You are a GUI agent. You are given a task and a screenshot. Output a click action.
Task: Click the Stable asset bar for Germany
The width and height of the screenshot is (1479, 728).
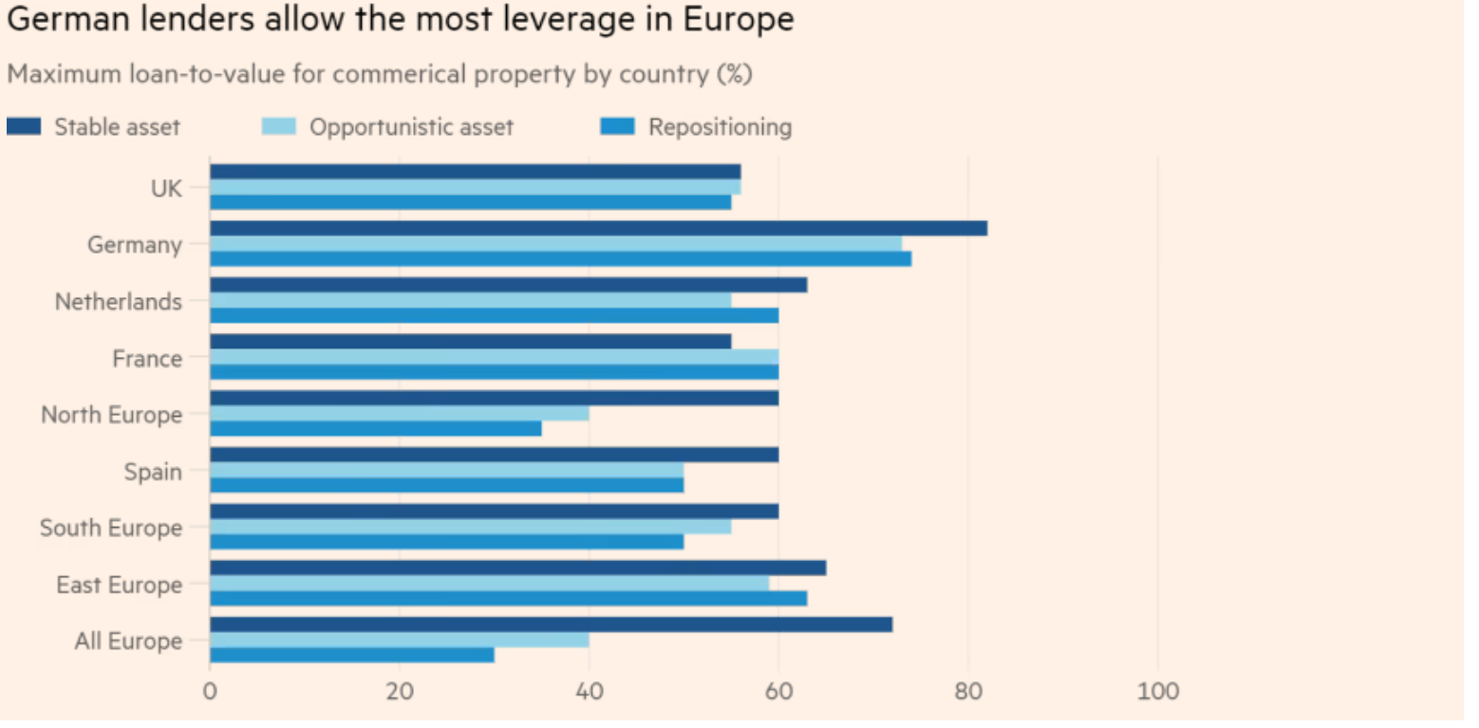[598, 229]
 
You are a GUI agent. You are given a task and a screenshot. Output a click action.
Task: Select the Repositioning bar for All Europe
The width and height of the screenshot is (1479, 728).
[352, 655]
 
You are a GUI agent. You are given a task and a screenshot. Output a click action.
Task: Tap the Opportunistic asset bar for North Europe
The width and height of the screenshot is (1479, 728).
[399, 414]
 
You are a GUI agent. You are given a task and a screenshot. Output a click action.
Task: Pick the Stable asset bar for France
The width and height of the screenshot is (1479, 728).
[470, 342]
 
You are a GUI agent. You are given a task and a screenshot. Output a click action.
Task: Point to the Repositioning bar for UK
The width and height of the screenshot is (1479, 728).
[470, 202]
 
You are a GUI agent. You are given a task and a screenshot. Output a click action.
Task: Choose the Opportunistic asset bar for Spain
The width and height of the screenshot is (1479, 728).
[446, 470]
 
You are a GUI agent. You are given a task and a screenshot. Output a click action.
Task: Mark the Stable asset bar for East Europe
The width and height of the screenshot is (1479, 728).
[517, 568]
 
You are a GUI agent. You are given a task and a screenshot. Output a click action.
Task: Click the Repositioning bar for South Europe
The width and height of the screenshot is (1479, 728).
[446, 541]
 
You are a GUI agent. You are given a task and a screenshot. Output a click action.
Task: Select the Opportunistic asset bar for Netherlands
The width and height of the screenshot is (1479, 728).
[470, 300]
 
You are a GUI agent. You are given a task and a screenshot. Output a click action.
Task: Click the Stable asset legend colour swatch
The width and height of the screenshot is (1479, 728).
[24, 126]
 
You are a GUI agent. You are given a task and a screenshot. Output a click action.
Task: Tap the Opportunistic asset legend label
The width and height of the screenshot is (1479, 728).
[411, 127]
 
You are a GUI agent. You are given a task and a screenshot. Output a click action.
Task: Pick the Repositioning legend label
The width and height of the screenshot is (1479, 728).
[720, 127]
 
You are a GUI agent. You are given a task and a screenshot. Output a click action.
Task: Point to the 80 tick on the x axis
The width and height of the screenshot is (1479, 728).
[968, 690]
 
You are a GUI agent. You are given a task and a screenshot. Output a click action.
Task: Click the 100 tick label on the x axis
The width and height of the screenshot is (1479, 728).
[1158, 690]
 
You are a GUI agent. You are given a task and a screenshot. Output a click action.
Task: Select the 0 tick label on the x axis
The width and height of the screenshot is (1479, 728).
[210, 690]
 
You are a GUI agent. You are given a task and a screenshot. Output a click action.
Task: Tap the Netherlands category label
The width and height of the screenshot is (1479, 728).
[118, 302]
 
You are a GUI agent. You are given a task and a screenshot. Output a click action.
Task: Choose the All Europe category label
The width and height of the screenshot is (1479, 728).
[128, 642]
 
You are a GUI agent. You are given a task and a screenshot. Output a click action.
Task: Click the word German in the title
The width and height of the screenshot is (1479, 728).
[63, 20]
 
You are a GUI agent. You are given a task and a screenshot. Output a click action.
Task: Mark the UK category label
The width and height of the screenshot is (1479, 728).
[166, 188]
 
